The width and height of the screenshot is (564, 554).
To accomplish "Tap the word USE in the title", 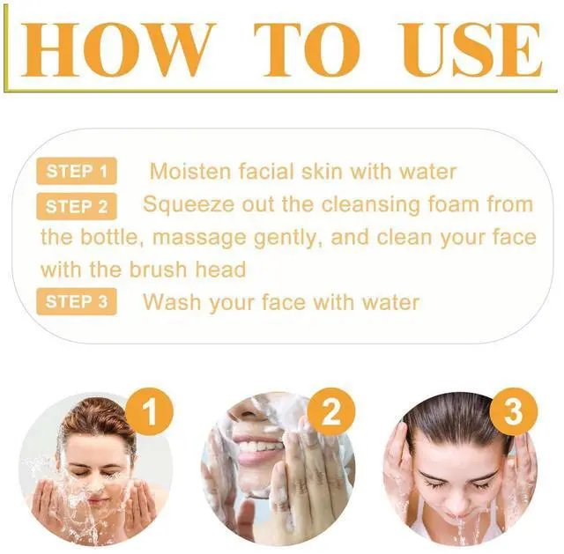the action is pyautogui.click(x=472, y=49).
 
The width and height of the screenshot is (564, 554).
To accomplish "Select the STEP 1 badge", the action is pyautogui.click(x=77, y=171).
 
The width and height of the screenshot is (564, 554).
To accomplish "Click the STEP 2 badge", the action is pyautogui.click(x=77, y=206).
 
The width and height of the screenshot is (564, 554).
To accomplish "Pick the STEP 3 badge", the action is pyautogui.click(x=77, y=301).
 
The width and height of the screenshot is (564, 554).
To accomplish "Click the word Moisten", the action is pyautogui.click(x=189, y=171).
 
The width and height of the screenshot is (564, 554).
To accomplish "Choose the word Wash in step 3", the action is pyautogui.click(x=172, y=301).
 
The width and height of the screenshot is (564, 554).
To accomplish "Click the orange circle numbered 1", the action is pyautogui.click(x=150, y=411).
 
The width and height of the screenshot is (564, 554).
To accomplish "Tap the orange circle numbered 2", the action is pyautogui.click(x=331, y=411).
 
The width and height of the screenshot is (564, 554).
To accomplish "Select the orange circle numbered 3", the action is pyautogui.click(x=514, y=411).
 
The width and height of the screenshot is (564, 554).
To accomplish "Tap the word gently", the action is pyautogui.click(x=289, y=239).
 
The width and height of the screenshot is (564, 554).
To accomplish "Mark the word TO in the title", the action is pyautogui.click(x=307, y=49).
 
